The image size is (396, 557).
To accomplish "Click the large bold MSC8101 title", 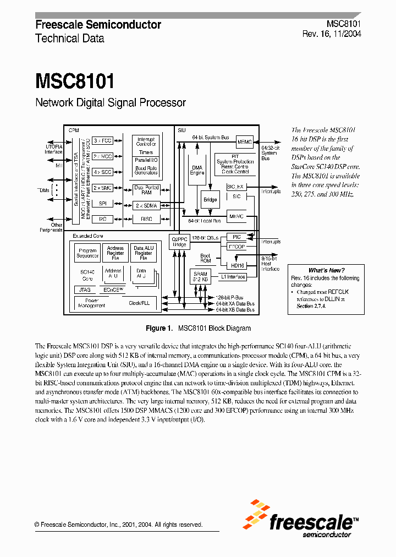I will pos(75,81).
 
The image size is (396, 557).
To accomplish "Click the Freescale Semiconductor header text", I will pos(98,25).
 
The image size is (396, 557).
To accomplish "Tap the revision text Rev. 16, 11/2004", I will pos(332,34).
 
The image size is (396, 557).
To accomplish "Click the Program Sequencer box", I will pos(87,253).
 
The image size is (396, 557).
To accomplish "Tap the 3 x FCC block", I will pos(102,141).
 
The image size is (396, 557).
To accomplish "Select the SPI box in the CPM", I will pos(102,203).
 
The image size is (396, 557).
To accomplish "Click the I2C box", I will pos(102,219).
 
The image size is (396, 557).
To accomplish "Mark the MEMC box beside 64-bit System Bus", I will pos(244,141).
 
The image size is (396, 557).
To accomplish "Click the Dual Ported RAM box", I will pos(146,190).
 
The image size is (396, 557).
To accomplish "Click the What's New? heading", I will pos(326,270).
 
